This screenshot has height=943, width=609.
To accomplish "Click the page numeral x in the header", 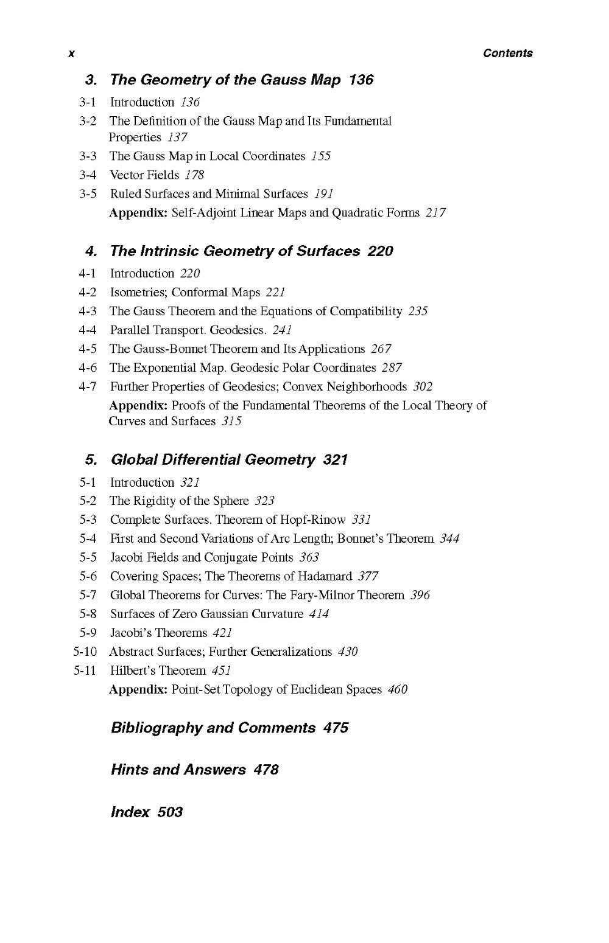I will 71,54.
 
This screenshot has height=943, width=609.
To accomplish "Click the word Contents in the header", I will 507,53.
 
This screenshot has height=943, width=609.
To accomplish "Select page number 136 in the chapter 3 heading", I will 361,80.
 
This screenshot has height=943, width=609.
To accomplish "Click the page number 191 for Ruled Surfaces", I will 323,194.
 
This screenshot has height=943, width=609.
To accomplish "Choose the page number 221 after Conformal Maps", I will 275,293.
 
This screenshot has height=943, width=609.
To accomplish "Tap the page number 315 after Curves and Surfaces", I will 231,422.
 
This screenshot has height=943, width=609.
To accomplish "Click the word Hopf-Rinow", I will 312,520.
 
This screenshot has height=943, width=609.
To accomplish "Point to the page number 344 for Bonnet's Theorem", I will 449,539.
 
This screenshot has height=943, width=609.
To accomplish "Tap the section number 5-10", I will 85,652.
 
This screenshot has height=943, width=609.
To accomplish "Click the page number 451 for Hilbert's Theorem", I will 221,671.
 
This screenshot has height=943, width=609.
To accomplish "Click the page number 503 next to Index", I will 170,812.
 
